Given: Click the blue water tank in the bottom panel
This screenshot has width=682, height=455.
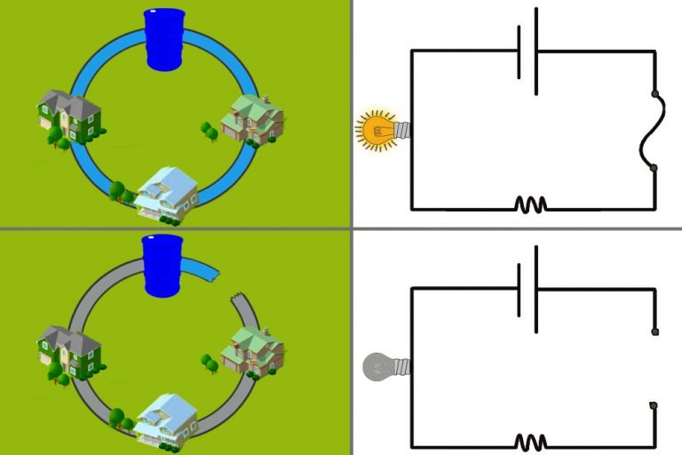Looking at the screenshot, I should tap(163, 267).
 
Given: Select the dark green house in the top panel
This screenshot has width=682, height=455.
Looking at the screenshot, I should tap(68, 116).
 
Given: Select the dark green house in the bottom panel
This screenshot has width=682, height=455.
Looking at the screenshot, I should tap(67, 351).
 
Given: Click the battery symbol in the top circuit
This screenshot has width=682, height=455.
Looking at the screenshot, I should tap(527, 52).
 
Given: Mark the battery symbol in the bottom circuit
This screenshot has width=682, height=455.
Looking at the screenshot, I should tap(527, 288).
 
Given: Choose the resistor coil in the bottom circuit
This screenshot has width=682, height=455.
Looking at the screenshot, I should tap(530, 441).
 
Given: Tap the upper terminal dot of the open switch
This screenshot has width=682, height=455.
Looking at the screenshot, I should tap(654, 331).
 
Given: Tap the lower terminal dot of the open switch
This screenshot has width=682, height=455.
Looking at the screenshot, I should tap(654, 406).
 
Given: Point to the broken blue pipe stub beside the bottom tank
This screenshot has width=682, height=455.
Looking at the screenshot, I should tap(203, 267).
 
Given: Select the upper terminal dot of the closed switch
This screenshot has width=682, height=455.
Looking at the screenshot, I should tap(654, 92).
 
